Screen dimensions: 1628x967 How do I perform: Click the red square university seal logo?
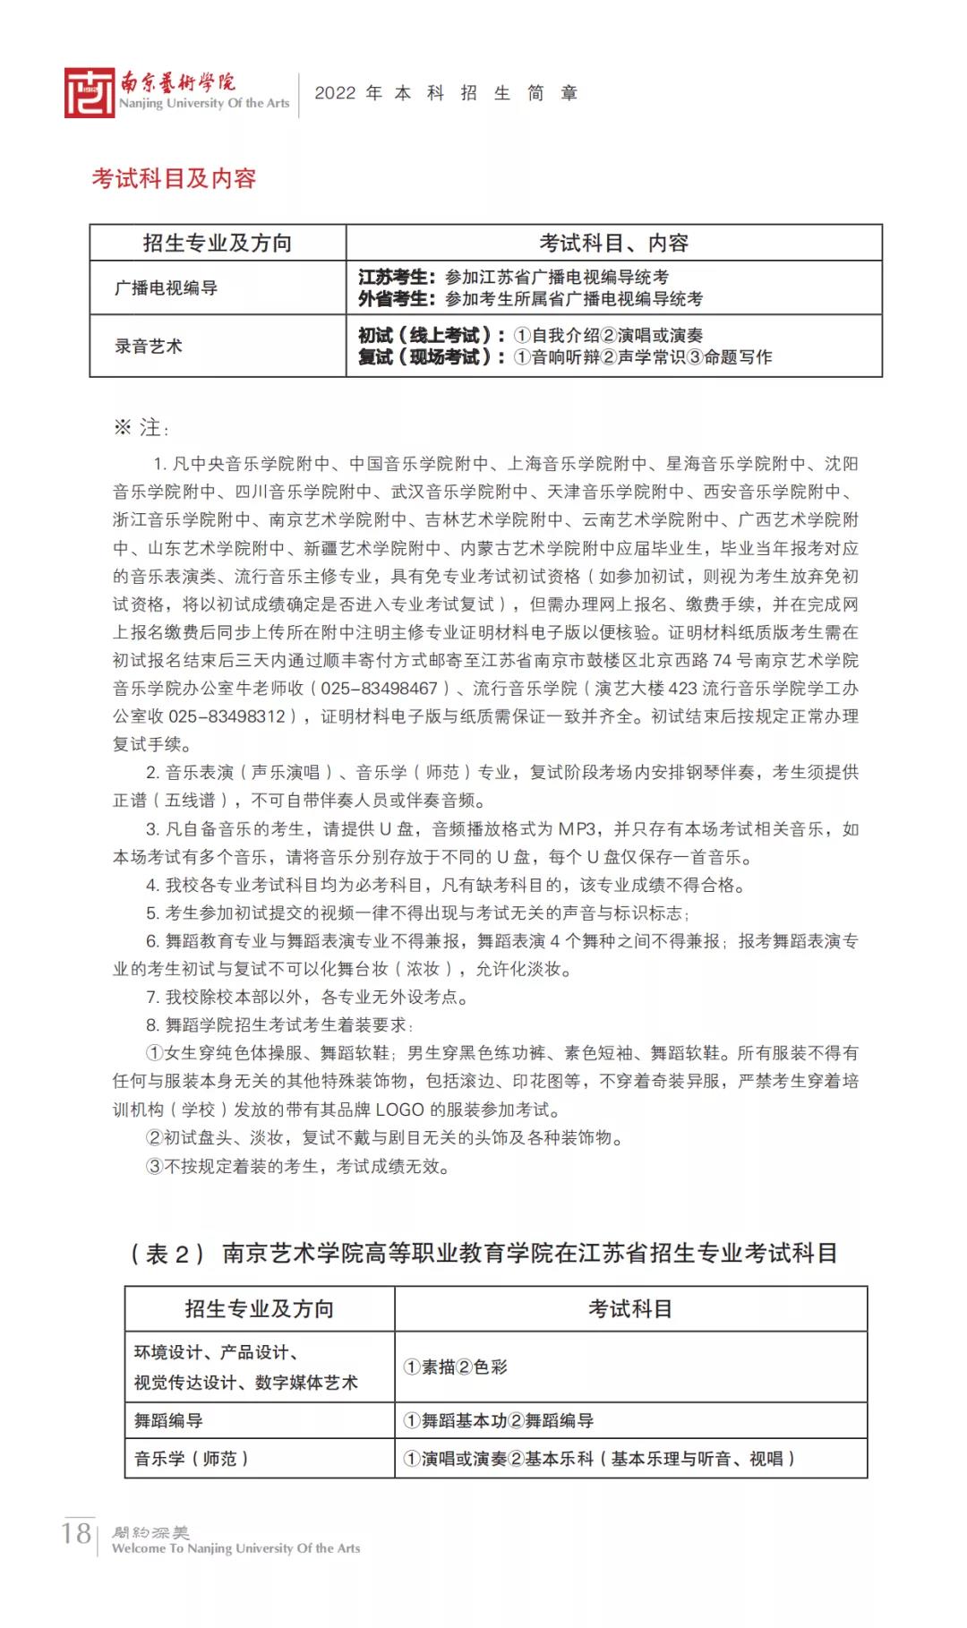90,93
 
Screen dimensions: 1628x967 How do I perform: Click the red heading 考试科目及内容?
174,178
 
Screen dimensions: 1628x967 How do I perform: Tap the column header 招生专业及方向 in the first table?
218,243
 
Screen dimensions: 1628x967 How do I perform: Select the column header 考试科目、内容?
613,243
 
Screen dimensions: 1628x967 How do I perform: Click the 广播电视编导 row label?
167,287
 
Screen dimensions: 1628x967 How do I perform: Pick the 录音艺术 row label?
149,346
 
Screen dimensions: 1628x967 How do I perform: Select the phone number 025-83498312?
227,716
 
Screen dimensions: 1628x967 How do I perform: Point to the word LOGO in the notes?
399,1110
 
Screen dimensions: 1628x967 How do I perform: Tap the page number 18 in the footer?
76,1533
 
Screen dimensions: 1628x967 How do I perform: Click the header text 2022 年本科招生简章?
446,93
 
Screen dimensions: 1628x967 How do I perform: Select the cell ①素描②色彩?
456,1367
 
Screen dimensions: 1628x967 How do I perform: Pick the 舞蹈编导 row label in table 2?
168,1420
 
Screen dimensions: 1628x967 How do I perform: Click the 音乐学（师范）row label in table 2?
192,1459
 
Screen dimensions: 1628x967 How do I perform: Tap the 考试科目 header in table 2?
629,1309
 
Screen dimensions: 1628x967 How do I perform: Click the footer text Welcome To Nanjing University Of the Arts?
235,1548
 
